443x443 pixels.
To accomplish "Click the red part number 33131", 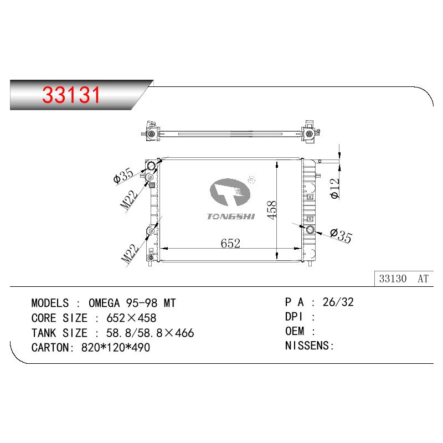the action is [x=71, y=95].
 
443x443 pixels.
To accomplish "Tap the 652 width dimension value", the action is [x=230, y=243].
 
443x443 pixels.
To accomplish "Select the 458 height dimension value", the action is [x=272, y=210].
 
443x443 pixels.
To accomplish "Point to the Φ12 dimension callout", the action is [x=335, y=189].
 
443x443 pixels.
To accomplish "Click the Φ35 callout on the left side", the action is [x=123, y=176].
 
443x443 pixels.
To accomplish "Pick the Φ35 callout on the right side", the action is [x=341, y=236].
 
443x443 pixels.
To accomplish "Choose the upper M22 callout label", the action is [x=129, y=199].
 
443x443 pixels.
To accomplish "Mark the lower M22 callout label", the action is [x=130, y=254].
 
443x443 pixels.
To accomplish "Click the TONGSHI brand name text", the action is [x=231, y=217].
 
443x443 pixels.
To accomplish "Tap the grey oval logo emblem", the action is [x=230, y=192].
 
